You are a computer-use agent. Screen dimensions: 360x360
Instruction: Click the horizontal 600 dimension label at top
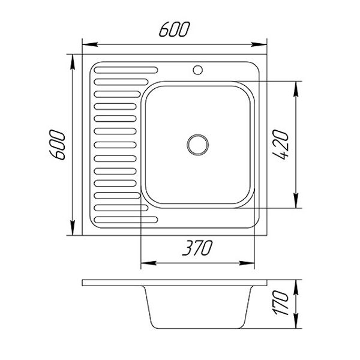[175, 29]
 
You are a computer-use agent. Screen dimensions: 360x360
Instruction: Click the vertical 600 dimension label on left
[57, 145]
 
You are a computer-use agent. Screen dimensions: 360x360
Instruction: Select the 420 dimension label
[280, 145]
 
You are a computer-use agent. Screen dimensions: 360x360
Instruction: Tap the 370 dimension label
[197, 248]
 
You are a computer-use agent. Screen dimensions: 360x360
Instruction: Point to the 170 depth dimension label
[280, 303]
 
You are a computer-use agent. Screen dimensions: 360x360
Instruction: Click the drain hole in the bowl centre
[197, 145]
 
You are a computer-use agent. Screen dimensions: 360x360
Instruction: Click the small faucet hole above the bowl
[197, 70]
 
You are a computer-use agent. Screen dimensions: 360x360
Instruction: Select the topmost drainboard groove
[126, 70]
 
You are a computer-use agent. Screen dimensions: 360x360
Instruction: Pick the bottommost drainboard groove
[126, 220]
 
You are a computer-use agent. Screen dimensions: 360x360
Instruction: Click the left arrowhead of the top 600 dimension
[90, 44]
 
